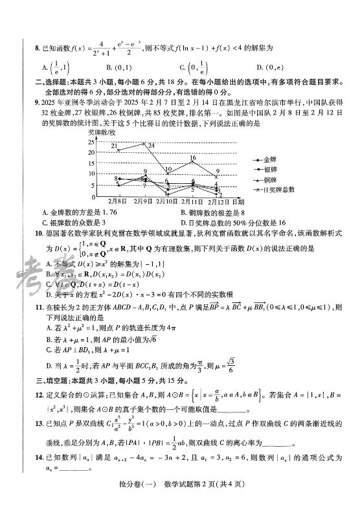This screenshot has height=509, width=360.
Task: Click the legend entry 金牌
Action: (x=269, y=159)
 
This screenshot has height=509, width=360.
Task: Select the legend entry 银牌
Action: (x=269, y=169)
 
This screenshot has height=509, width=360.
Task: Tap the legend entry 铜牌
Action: (x=269, y=179)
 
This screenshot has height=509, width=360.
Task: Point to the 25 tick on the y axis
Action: (x=93, y=141)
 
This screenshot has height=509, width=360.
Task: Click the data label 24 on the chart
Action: (x=151, y=146)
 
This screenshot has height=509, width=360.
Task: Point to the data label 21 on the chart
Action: (x=113, y=147)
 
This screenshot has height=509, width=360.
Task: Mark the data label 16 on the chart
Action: (x=193, y=157)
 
